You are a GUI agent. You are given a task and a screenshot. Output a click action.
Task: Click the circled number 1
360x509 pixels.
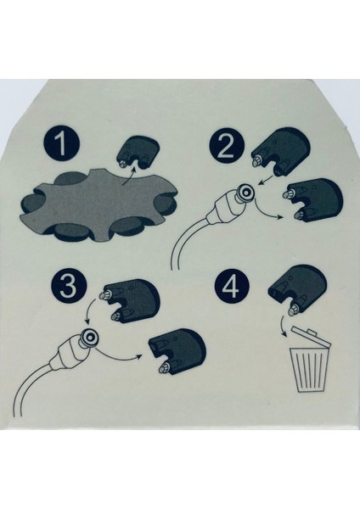[x=62, y=144]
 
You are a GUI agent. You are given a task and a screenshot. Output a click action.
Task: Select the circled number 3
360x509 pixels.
[x=69, y=287]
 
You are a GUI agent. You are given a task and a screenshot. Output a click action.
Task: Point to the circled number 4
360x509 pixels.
[x=232, y=288]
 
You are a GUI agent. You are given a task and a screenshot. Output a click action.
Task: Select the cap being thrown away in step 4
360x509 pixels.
[x=296, y=289]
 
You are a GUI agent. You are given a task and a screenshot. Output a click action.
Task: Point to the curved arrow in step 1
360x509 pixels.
[x=129, y=176]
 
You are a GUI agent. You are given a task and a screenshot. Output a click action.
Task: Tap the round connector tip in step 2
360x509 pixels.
[x=245, y=193]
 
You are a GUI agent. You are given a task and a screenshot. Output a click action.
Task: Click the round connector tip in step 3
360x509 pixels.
[x=90, y=338]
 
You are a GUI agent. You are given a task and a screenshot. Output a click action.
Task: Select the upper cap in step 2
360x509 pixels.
[x=280, y=152]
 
